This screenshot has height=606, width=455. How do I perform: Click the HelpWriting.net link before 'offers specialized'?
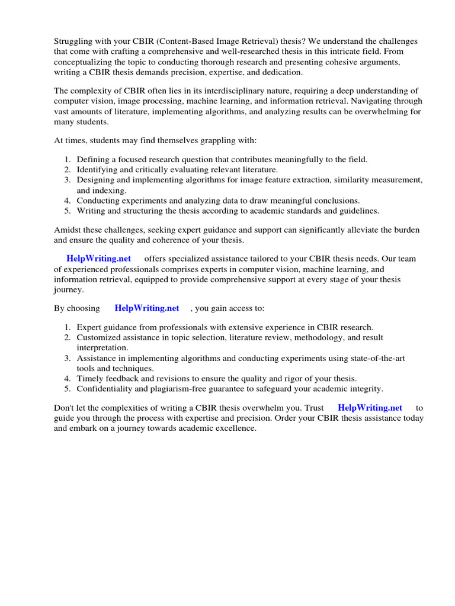click(x=99, y=259)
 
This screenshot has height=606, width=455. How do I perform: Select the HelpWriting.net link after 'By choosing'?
click(x=147, y=308)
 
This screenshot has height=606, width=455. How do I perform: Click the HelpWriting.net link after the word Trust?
click(x=370, y=408)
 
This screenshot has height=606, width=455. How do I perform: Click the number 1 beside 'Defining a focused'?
click(x=68, y=160)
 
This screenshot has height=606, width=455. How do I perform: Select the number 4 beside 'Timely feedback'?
click(x=68, y=379)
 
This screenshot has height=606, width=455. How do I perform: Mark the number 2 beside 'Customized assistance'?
click(x=68, y=337)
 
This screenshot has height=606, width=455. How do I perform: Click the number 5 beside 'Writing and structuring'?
click(x=68, y=211)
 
